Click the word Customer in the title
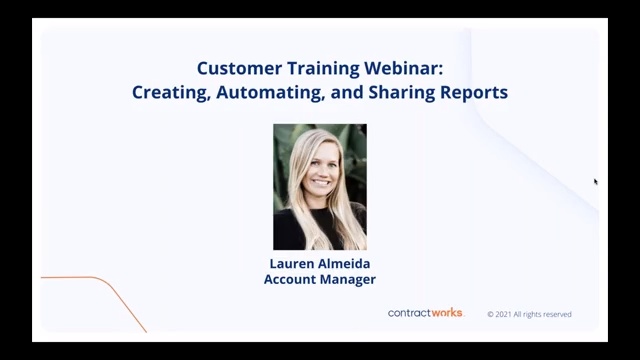coord(234,69)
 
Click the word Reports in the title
coord(473,92)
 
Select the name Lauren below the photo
coord(292,264)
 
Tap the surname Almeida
coord(345,264)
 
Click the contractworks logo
coord(426,313)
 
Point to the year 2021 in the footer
coord(506,314)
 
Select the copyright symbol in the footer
coord(491,314)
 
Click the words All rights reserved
coord(545,314)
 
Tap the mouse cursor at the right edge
coord(595,182)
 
